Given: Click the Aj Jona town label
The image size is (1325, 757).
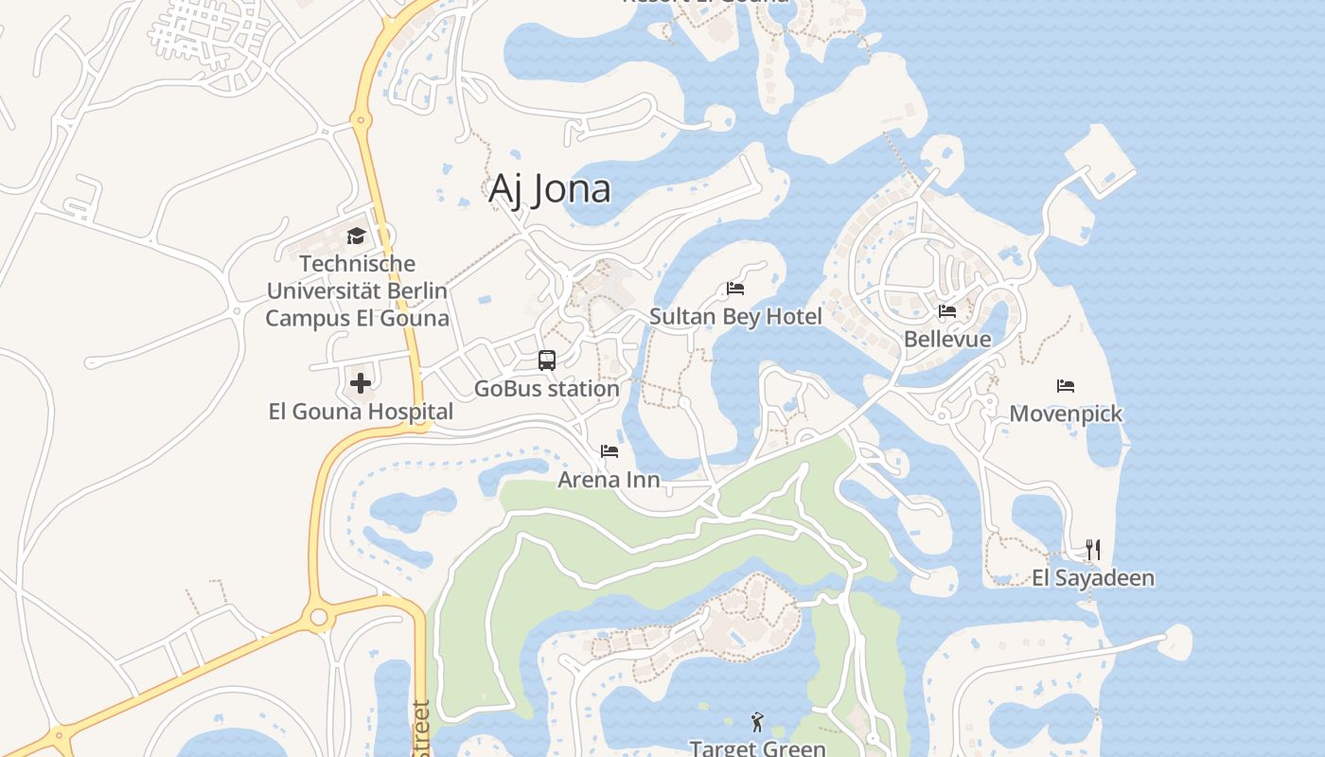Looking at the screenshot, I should point(550,189).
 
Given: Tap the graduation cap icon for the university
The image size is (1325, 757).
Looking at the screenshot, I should point(356,236).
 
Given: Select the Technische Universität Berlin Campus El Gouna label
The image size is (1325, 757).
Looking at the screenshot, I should point(357,290).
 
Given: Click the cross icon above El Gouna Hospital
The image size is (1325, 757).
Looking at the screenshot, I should point(361,383).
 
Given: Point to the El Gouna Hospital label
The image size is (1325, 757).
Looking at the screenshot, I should point(361,412).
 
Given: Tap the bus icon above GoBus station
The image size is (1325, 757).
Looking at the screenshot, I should point(547,360).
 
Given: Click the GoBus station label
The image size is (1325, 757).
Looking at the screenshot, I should point(547,388).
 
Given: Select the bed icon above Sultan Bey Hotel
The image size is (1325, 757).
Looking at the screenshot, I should point(735,288).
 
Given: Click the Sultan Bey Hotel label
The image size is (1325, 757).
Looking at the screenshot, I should point(735,316).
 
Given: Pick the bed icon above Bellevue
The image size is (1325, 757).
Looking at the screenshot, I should point(946,310).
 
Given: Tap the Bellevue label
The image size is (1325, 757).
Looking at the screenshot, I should point(947,339).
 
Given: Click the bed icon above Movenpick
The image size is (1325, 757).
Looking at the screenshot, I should point(1066,385).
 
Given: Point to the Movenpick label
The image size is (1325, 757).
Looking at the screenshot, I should point(1066,414).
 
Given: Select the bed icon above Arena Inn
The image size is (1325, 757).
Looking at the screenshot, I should point(609,451).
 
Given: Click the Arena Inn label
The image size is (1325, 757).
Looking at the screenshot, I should point(609,480).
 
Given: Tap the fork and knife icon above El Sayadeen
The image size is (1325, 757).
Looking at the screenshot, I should point(1093,549).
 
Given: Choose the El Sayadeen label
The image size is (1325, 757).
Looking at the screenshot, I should point(1093,577).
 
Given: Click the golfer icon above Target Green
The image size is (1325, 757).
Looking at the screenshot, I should point(757,722).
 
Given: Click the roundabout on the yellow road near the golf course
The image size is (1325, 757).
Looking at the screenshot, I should point(319,618).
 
